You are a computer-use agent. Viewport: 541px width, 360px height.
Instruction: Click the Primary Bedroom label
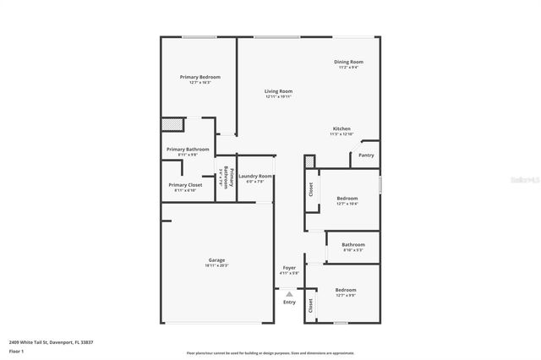(x=199, y=77)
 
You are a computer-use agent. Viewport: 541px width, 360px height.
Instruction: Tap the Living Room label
(x=278, y=91)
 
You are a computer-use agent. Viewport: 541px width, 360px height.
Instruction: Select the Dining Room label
(x=348, y=62)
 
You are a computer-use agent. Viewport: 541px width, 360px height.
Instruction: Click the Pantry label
(x=366, y=155)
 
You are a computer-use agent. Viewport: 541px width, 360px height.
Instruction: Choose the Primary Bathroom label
(x=188, y=150)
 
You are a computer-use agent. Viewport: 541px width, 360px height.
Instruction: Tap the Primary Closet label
(x=185, y=184)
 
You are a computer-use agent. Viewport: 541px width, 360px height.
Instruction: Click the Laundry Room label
(x=254, y=176)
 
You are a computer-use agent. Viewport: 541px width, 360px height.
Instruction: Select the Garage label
(x=216, y=259)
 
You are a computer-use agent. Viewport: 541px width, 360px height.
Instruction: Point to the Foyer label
(x=289, y=268)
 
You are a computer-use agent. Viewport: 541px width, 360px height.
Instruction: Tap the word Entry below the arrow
(x=289, y=302)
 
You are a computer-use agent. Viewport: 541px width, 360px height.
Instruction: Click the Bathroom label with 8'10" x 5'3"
(x=353, y=245)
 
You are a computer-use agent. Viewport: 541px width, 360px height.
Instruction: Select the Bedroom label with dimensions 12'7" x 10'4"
(x=347, y=199)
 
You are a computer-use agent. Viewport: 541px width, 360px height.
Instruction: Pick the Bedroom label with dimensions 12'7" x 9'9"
(x=345, y=290)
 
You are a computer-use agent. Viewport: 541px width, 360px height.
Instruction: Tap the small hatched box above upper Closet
(x=309, y=161)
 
